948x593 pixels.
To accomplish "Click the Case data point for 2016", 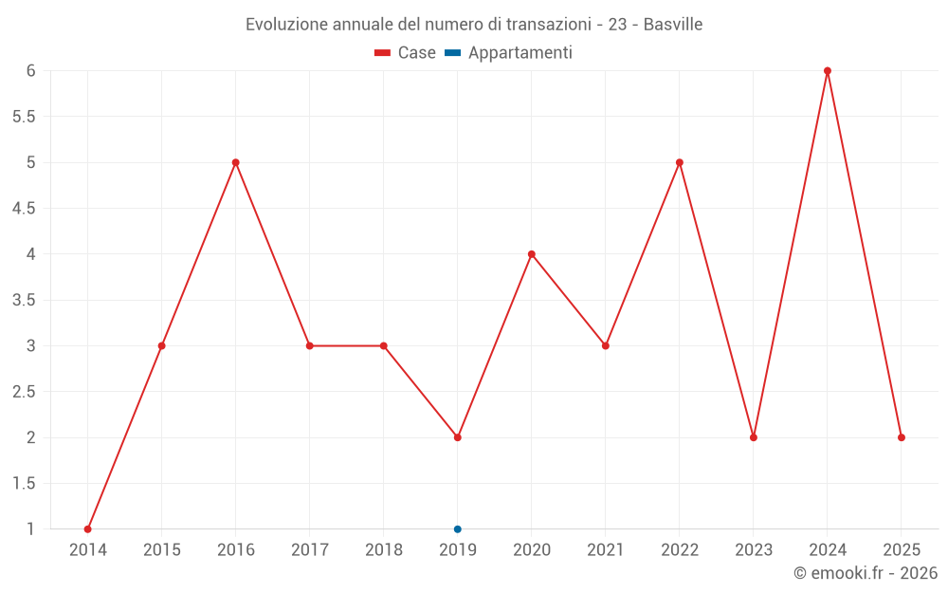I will point(236,162).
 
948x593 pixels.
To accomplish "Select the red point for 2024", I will point(828,71).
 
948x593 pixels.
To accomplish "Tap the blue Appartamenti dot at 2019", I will point(458,528).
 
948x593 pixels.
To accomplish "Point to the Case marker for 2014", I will point(88,528).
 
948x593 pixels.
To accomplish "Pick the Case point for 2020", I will point(532,254).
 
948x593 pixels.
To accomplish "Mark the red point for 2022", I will point(680,162).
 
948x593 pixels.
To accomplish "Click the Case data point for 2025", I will point(902,437).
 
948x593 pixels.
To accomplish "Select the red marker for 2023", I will point(754,437).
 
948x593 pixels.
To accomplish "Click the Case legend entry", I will point(406,53).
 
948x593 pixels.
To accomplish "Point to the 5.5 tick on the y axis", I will point(24,117).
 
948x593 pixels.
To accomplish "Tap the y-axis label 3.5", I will point(24,300).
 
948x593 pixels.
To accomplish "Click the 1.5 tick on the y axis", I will point(24,483).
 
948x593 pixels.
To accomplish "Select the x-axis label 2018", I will point(384,550).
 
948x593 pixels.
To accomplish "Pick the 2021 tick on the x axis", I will point(606,550).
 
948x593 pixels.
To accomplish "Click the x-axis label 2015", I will point(162,550).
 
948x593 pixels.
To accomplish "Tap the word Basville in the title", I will point(673,25).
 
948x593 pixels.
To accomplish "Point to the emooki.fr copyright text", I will point(866,573).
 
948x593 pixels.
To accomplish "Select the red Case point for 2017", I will point(310,345).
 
